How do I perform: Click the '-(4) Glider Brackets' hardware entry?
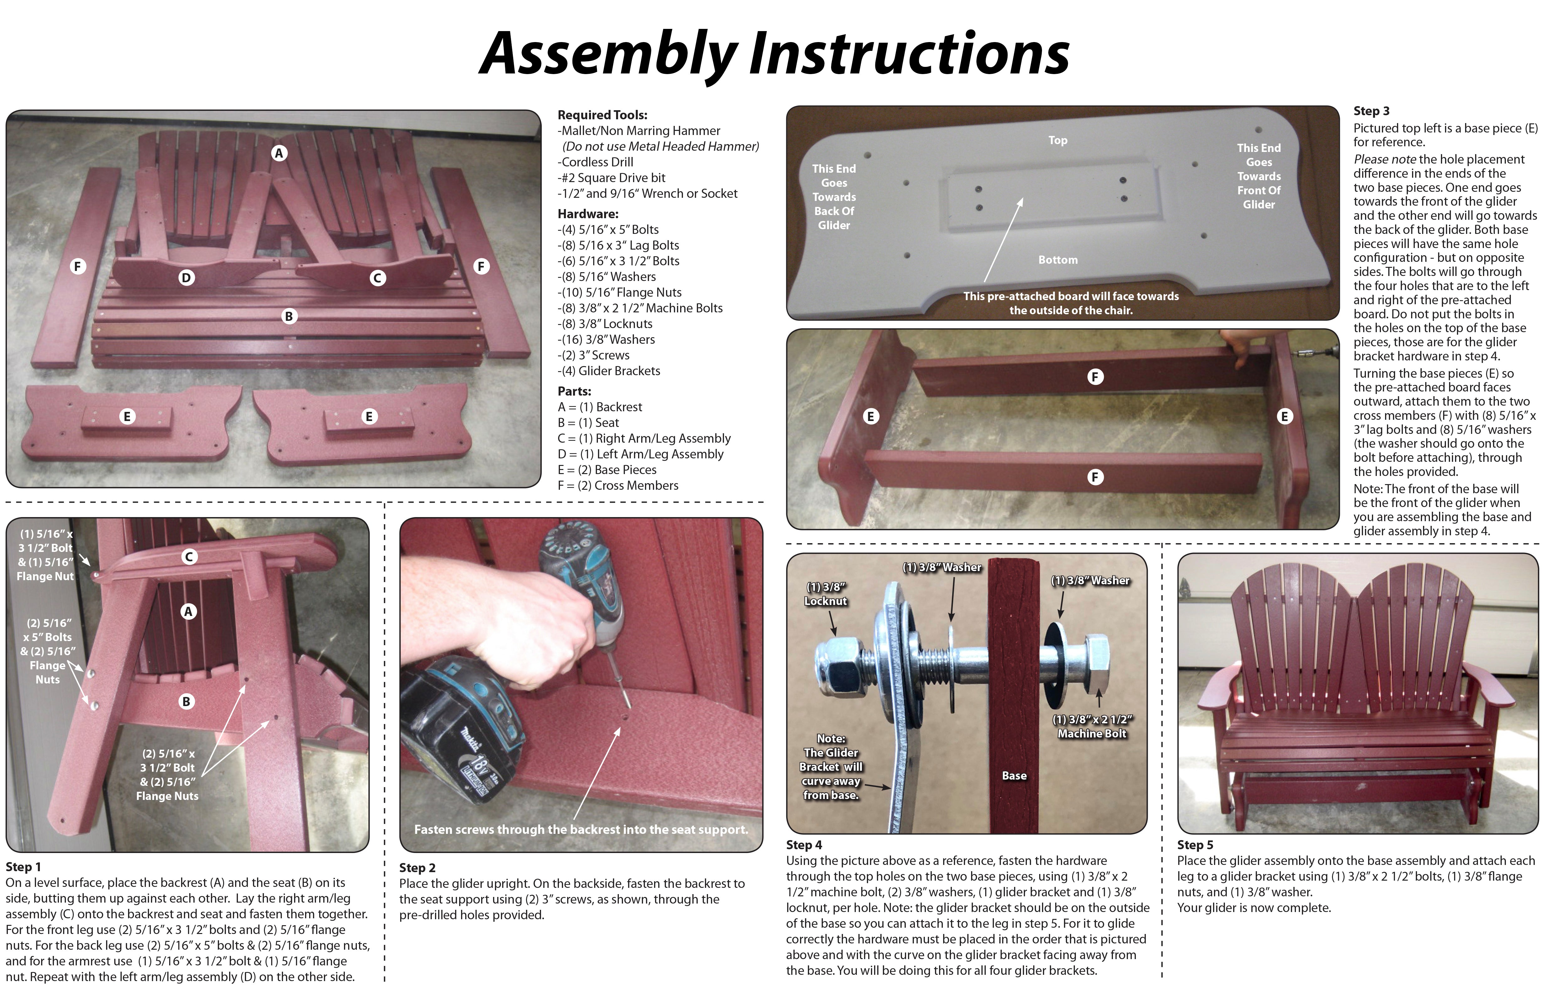point(609,371)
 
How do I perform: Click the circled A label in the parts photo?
point(279,154)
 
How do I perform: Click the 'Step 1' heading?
point(24,867)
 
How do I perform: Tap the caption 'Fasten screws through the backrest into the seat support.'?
point(581,830)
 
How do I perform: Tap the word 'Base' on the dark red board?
point(1014,776)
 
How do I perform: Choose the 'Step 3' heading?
point(1372,111)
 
